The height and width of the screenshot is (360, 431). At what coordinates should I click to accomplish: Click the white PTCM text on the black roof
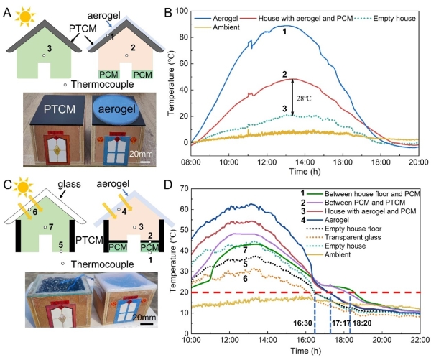(52, 109)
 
